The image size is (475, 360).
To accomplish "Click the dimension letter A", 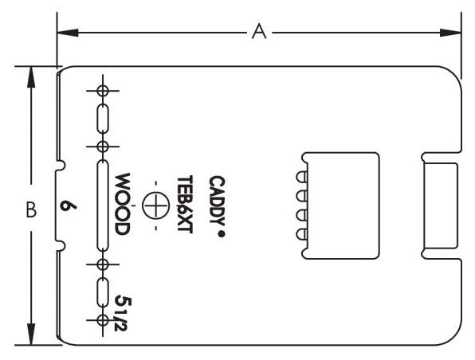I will (257, 31).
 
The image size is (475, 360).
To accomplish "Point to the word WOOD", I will (122, 205).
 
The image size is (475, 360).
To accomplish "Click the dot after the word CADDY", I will (218, 235).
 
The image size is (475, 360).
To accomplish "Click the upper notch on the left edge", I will (61, 168).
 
